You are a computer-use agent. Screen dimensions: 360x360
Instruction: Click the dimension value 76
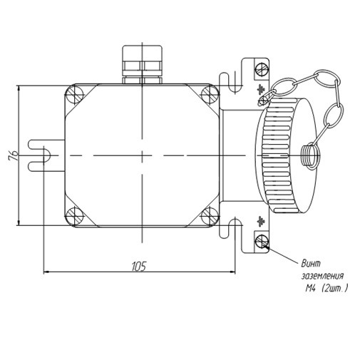tap(14, 155)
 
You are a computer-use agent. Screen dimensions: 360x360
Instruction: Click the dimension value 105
tap(139, 267)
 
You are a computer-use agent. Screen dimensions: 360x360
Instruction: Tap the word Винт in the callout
tap(311, 264)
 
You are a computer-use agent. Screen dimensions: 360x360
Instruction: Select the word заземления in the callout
tap(322, 277)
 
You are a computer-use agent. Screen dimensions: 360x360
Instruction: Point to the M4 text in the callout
tap(310, 289)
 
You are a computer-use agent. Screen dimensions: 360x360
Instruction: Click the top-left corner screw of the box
tap(75, 94)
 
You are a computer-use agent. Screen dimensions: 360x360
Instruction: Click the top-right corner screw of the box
tap(210, 94)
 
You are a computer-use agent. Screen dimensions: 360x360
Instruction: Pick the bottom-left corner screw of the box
tap(75, 216)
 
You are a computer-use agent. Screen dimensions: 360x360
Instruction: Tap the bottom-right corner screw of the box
tap(210, 216)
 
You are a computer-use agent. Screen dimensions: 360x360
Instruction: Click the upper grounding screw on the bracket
tap(262, 69)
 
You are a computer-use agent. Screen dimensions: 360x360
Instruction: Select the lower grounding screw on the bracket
tap(262, 242)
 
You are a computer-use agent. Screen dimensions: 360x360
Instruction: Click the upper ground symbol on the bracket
tap(261, 89)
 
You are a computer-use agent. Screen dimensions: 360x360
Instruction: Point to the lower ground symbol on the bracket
tap(261, 221)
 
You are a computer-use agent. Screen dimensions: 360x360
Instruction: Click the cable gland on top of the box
tap(142, 64)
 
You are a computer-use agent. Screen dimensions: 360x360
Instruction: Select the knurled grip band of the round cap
tap(277, 155)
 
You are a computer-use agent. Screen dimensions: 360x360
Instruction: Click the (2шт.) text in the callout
tap(334, 289)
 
